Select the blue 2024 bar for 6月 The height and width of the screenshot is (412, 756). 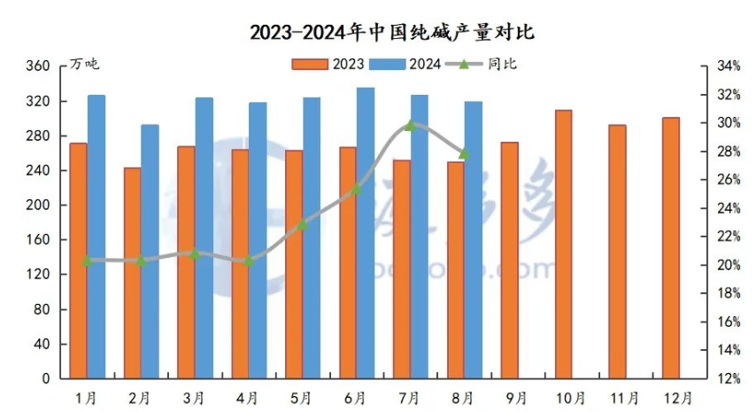coord(366,233)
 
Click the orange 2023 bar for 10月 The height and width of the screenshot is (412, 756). coord(563,245)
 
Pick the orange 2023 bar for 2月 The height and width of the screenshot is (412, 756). coord(132,273)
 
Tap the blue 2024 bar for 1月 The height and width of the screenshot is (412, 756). coord(96,237)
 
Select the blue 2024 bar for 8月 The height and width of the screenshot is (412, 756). coord(474,240)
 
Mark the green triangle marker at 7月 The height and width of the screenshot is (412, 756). coord(410,126)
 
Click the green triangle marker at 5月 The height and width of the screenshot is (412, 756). coord(302,225)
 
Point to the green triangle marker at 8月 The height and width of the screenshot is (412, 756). coord(464,153)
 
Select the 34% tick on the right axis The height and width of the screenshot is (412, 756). coord(728,66)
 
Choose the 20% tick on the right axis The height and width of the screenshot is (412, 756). coord(728,265)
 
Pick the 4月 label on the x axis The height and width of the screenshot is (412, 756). coord(248,396)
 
